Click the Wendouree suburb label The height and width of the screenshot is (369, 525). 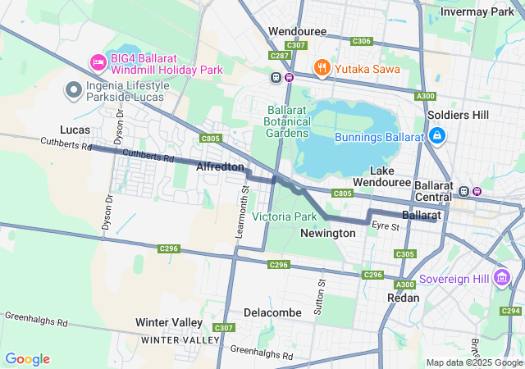click(x=297, y=31)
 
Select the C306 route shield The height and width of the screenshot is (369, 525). click(x=361, y=41)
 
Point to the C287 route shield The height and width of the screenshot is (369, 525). click(x=279, y=56)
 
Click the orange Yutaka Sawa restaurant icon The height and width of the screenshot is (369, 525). click(x=322, y=68)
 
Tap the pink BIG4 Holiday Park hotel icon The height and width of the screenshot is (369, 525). click(x=98, y=61)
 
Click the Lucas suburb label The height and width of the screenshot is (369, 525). click(x=75, y=130)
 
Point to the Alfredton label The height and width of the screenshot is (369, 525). click(x=220, y=166)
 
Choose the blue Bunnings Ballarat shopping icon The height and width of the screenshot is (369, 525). click(x=437, y=134)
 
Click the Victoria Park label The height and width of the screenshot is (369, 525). click(x=284, y=216)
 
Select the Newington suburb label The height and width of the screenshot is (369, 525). click(x=328, y=233)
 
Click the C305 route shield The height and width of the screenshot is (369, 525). click(x=405, y=254)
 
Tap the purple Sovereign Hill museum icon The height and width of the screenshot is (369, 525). click(x=502, y=279)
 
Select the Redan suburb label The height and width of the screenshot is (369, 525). click(x=404, y=298)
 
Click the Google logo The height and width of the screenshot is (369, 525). click(x=27, y=359)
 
